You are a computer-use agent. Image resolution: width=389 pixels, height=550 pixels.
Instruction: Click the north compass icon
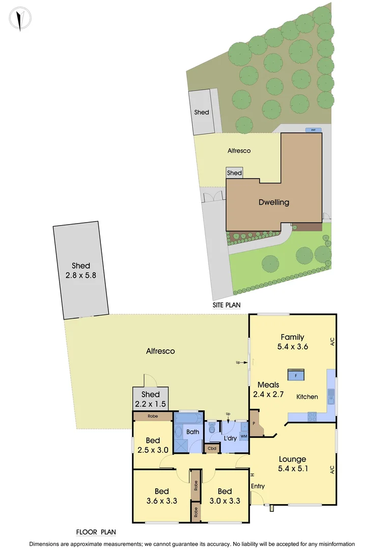point(20,19)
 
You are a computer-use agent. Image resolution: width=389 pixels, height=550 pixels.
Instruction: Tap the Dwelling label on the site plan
point(273,202)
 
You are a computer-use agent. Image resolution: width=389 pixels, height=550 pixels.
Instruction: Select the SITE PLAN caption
point(227,305)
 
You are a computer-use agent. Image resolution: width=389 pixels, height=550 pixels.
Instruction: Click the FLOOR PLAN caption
point(96,532)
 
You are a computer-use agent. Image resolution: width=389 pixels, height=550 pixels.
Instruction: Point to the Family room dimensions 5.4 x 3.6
point(292,346)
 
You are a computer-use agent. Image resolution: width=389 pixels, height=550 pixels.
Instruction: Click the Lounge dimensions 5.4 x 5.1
point(292,468)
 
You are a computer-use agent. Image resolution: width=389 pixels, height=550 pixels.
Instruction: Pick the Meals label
point(268,384)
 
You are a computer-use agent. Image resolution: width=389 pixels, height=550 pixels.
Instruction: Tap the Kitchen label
point(307,397)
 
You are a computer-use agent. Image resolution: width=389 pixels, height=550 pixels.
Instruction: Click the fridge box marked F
point(296,375)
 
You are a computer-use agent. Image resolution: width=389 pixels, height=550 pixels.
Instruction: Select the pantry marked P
point(254,424)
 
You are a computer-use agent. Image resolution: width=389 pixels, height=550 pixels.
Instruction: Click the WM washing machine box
point(243,436)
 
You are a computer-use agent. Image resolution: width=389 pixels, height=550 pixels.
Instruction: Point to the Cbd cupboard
point(211,449)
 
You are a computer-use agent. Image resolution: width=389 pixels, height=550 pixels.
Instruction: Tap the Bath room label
point(192,432)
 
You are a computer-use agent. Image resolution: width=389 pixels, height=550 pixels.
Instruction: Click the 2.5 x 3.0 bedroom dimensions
point(153,450)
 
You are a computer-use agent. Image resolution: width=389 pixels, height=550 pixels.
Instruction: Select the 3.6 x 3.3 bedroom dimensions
point(162,501)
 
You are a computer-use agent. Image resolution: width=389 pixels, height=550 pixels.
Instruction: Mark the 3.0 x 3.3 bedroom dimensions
point(225,501)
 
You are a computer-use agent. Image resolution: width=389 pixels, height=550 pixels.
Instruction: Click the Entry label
point(258,486)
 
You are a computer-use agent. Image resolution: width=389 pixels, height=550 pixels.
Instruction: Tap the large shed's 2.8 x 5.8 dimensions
point(81,275)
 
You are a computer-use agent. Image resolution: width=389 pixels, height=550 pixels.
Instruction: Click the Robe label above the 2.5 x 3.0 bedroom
point(153,416)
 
